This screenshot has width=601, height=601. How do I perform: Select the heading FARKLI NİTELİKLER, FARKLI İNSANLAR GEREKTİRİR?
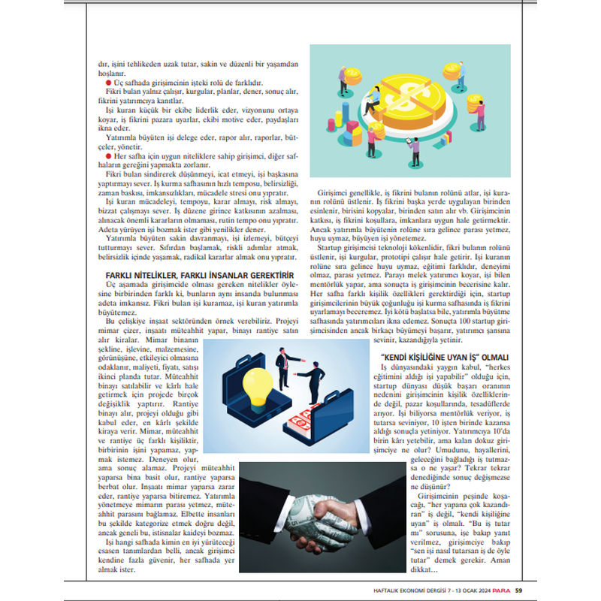[x=198, y=275]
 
